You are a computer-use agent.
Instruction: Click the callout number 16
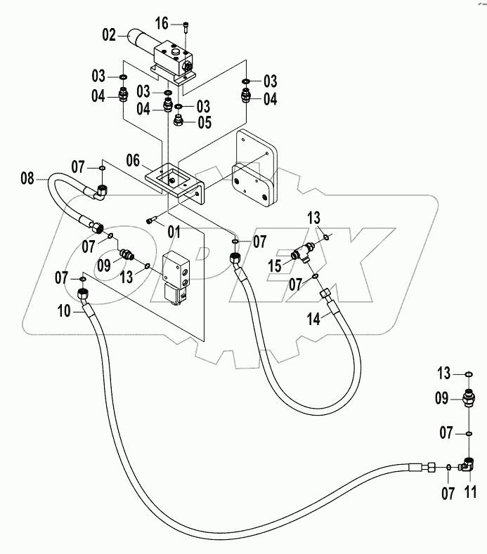click(x=162, y=24)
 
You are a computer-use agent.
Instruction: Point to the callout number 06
click(x=134, y=161)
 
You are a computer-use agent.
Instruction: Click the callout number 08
click(x=27, y=179)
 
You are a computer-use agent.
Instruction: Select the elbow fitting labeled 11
click(x=467, y=464)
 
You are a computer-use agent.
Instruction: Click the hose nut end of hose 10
click(x=82, y=293)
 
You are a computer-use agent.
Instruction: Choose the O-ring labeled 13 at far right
click(x=468, y=374)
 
